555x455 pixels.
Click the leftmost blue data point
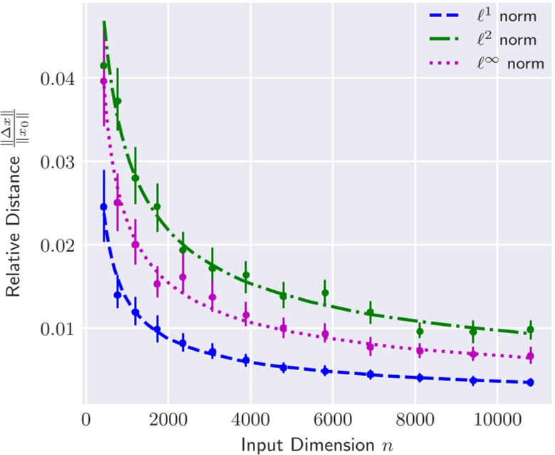click(103, 207)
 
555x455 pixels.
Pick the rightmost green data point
click(530, 329)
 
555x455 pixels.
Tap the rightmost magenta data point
click(530, 357)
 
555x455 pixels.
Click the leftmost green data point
click(103, 66)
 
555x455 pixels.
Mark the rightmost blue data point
click(530, 382)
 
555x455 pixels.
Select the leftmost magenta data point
click(103, 81)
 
